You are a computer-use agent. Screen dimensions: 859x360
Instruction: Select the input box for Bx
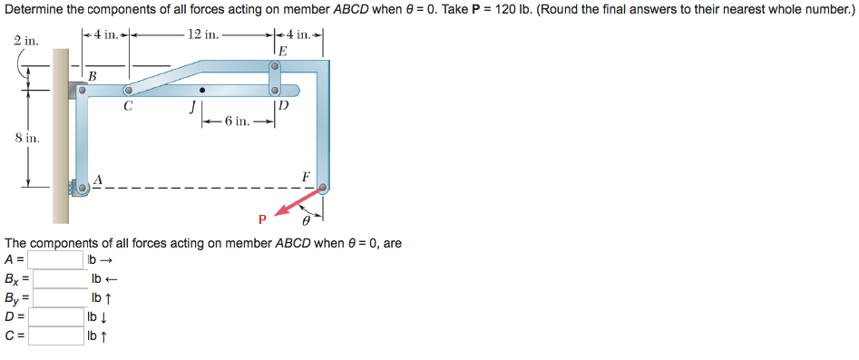pyautogui.click(x=59, y=278)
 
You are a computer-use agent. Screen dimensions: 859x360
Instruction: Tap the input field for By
pyautogui.click(x=59, y=297)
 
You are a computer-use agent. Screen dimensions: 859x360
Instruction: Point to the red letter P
pyautogui.click(x=262, y=219)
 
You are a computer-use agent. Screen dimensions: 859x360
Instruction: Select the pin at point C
pyautogui.click(x=129, y=91)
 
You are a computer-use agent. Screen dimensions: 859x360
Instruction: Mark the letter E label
pyautogui.click(x=283, y=52)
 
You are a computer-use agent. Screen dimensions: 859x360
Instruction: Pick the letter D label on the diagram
pyautogui.click(x=284, y=106)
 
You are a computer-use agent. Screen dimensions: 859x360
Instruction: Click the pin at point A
pyautogui.click(x=83, y=188)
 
